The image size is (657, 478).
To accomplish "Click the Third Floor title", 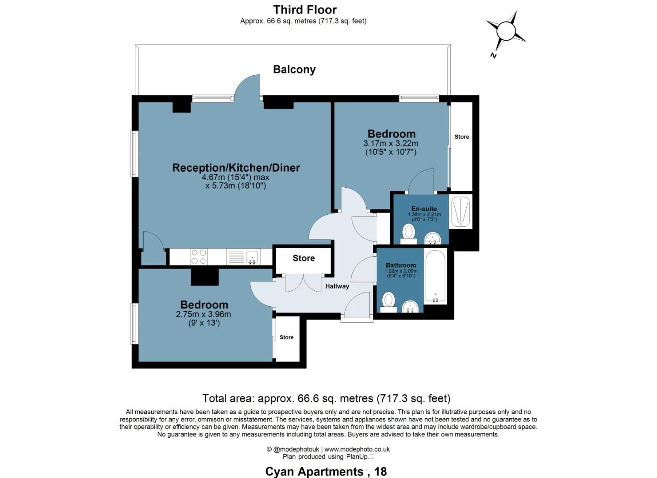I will click(305, 10).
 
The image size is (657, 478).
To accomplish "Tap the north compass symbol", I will click(506, 32).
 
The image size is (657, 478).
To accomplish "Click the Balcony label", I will click(294, 69).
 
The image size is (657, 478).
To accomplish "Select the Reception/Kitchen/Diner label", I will click(236, 168).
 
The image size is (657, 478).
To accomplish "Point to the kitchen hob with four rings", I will click(198, 257).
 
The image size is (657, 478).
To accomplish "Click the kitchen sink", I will click(252, 257).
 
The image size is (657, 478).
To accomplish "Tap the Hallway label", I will click(337, 286).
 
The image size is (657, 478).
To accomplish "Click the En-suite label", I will click(424, 208).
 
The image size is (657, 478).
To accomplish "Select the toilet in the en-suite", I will click(408, 232).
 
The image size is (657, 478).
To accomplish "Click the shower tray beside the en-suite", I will click(461, 211).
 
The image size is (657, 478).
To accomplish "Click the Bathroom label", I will click(401, 265).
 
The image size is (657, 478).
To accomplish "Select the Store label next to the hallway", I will click(304, 258).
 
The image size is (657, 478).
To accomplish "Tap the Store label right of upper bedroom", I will click(461, 137).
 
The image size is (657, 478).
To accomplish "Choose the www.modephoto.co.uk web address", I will click(357, 449).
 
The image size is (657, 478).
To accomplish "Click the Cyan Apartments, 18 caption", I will click(326, 472).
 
